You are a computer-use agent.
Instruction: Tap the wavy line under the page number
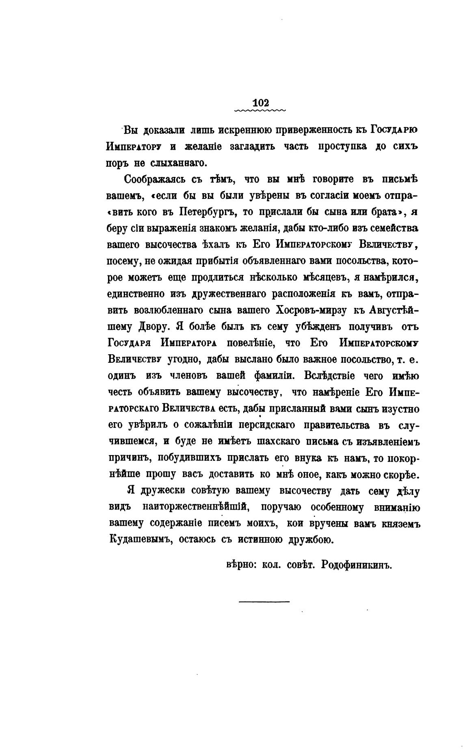click(x=260, y=110)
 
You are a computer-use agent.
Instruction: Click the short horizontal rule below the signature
click(x=264, y=601)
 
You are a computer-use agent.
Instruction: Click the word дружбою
click(x=309, y=540)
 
